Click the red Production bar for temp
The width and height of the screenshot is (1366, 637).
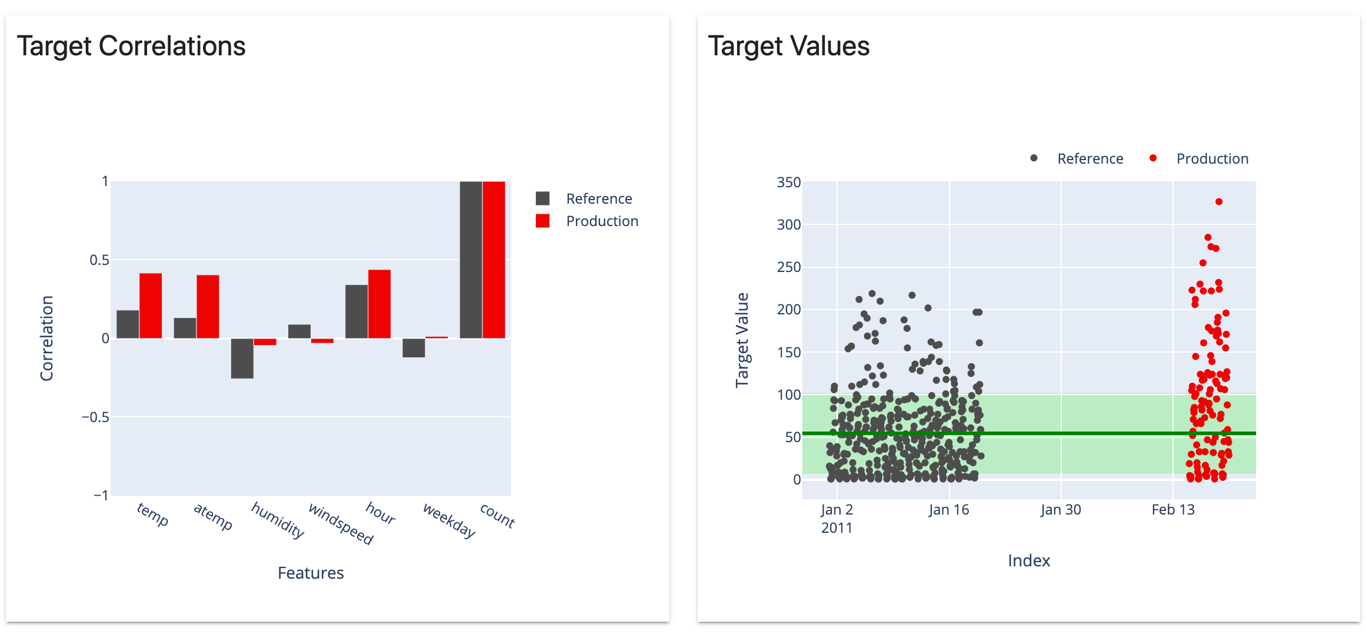pos(151,306)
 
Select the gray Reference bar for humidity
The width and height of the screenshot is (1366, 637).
pos(242,358)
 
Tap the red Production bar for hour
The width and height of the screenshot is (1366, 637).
pos(379,304)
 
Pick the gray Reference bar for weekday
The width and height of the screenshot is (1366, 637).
pos(414,347)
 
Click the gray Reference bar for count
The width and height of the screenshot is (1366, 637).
pos(471,260)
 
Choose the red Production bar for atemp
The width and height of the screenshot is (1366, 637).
pos(208,306)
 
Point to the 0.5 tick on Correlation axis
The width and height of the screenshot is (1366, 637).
pos(99,260)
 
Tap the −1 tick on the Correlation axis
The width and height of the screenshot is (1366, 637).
pos(101,495)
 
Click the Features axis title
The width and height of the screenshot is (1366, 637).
pos(311,573)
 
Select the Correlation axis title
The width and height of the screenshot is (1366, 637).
pos(47,338)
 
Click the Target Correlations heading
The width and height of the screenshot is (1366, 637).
pos(131,46)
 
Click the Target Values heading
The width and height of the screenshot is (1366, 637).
pos(788,46)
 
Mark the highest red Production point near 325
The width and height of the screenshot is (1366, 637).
pos(1219,202)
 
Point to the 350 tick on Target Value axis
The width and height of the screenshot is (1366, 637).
pos(788,183)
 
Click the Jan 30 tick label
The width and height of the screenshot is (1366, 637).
pos(1061,510)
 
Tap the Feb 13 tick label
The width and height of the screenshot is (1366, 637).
pos(1173,510)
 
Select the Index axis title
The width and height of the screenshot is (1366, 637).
pos(1029,560)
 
